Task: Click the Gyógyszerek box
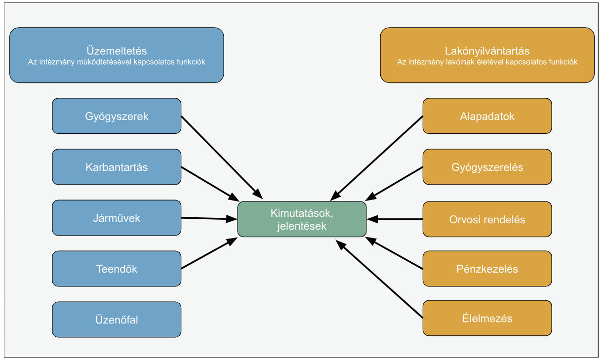coord(117,116)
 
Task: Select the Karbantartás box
coord(117,167)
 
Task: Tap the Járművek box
coord(117,218)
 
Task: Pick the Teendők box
coord(117,269)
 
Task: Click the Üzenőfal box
coord(117,320)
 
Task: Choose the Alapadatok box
coord(487,116)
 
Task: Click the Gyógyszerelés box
coord(487,167)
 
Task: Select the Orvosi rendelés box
coord(487,219)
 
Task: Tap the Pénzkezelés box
coord(487,269)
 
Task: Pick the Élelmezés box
coord(487,318)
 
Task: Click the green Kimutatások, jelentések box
coord(302,219)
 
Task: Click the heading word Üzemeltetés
coord(117,51)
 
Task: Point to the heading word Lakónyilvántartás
coord(487,51)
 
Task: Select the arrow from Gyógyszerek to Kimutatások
coord(222,158)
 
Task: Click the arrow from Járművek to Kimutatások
coord(209,218)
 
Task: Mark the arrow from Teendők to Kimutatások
coord(209,253)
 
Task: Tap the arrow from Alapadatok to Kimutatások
coord(376,159)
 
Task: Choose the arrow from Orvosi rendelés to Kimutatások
coord(395,219)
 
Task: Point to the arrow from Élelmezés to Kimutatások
coord(379,279)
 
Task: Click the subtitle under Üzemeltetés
coord(117,62)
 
